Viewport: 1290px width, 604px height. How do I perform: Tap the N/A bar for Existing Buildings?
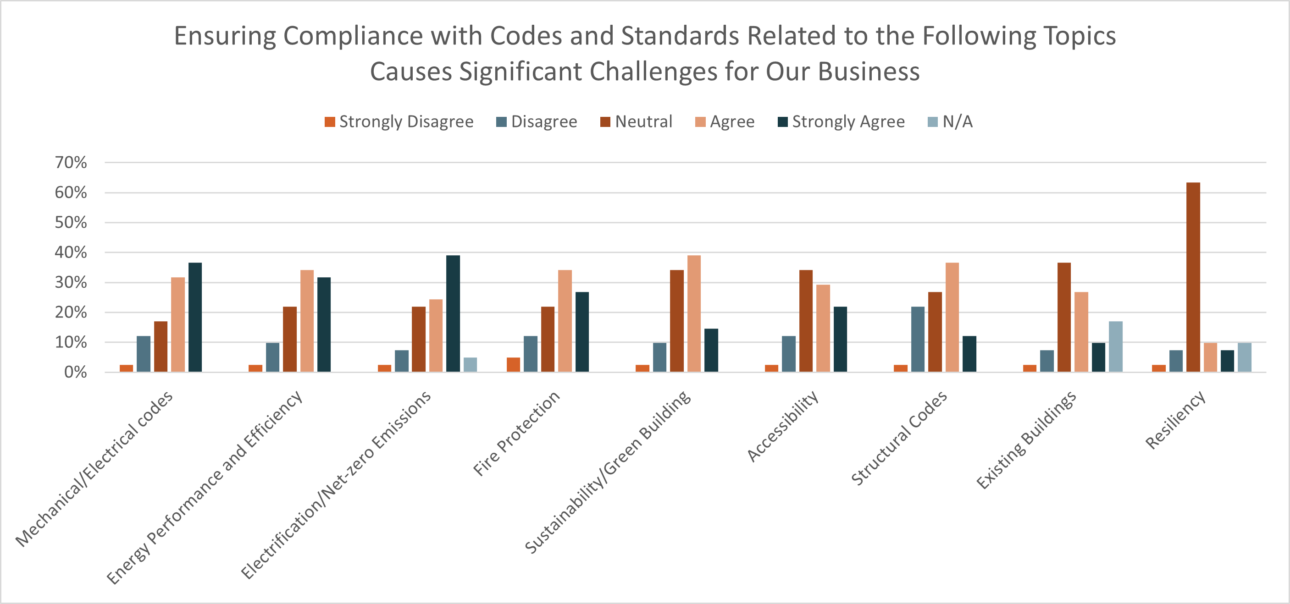click(x=1115, y=346)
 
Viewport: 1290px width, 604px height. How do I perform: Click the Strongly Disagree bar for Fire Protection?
click(x=513, y=364)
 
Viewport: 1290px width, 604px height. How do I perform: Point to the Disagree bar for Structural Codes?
click(x=918, y=339)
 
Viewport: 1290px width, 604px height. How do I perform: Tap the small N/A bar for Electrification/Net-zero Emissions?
click(x=470, y=364)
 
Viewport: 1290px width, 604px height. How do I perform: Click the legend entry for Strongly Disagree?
click(x=399, y=121)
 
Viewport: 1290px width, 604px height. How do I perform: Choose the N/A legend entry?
click(x=950, y=121)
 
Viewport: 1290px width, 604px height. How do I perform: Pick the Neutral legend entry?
click(x=636, y=121)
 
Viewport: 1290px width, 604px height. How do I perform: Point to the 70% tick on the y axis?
click(x=71, y=163)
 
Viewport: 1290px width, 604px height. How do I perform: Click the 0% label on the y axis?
click(x=75, y=372)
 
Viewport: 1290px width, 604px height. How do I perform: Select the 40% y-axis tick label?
click(x=71, y=252)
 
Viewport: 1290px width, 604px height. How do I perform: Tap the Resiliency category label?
click(x=1175, y=420)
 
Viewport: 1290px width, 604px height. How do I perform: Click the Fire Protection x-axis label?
click(x=516, y=433)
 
